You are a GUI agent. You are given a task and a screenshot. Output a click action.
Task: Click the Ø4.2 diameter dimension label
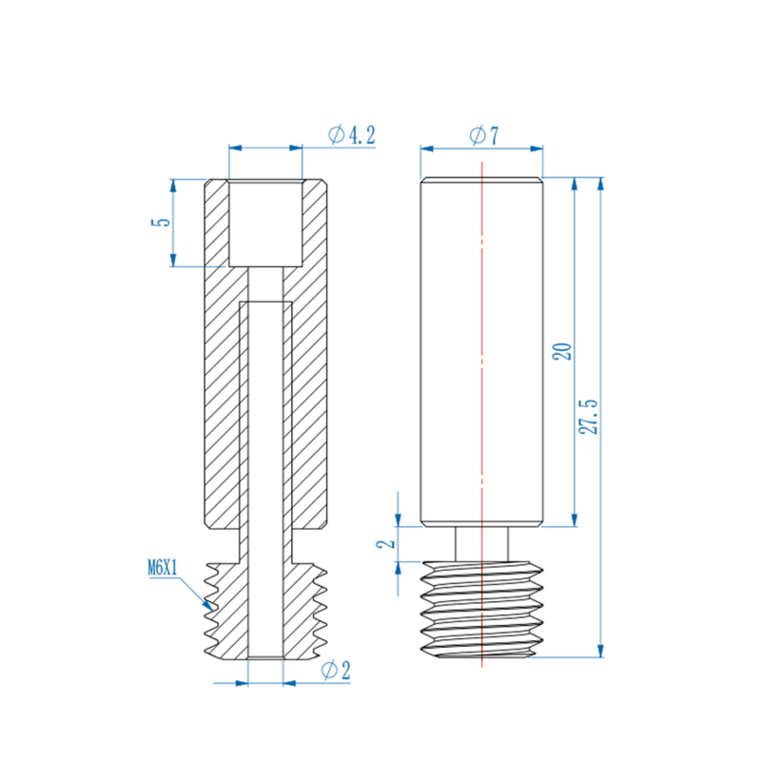coord(351,136)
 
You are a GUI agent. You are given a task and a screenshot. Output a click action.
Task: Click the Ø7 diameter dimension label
coord(484,136)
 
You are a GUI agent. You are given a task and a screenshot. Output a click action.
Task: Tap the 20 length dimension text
coord(561,351)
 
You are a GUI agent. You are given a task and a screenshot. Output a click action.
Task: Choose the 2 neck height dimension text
coord(385,543)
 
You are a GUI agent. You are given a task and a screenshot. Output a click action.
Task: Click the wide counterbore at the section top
coord(265,223)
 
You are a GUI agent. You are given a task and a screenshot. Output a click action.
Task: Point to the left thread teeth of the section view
coord(215,609)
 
